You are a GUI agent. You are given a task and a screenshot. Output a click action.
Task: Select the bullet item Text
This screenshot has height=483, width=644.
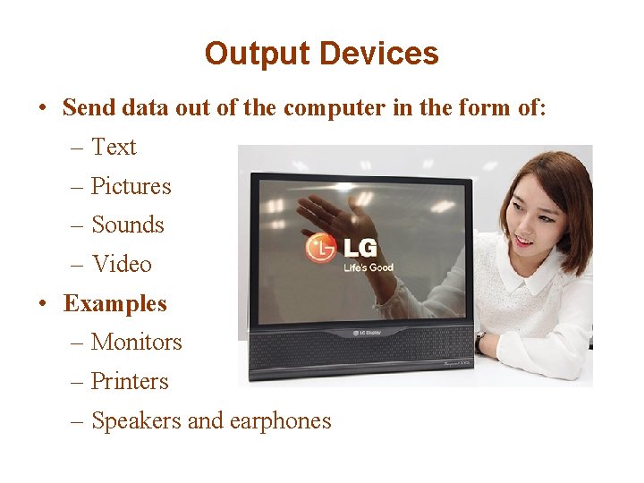point(114,147)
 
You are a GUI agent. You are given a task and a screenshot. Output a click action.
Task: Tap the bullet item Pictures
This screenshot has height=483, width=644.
point(131,186)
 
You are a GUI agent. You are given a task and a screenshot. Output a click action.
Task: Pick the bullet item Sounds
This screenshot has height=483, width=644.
point(128,225)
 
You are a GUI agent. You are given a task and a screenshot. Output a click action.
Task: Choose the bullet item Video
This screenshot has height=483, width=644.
point(122,264)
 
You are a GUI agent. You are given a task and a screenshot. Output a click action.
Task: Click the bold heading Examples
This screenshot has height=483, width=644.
point(114,303)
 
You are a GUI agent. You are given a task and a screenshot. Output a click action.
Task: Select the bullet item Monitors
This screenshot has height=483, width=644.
point(136,342)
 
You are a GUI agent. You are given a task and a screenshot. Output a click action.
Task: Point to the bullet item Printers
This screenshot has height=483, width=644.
point(130,381)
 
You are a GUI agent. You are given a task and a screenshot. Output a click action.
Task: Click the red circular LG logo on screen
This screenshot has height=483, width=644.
point(321,248)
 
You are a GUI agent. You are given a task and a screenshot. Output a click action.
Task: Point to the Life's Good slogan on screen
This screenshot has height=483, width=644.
point(369,267)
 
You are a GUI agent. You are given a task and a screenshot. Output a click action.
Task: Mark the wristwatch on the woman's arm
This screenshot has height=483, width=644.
point(480,343)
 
